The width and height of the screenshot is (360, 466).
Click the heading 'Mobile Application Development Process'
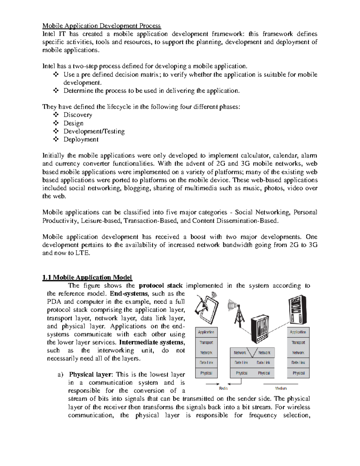(x=102, y=26)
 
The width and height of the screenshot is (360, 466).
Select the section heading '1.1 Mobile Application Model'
(x=87, y=277)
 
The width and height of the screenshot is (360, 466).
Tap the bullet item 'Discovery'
(x=78, y=115)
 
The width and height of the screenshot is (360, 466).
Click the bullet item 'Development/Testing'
(x=94, y=131)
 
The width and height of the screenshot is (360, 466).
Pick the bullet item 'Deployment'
(x=81, y=139)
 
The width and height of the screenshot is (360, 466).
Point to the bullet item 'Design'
(x=73, y=123)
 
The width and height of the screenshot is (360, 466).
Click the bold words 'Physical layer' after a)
(x=90, y=374)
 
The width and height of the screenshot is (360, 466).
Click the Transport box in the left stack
(x=206, y=342)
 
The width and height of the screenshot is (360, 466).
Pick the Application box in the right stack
(x=298, y=332)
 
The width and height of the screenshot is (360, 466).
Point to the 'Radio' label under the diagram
(x=223, y=388)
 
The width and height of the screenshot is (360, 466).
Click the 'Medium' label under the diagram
(x=281, y=388)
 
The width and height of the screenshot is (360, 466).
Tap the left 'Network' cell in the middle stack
(x=240, y=353)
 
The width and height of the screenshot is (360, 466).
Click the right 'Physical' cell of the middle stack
(x=264, y=373)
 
